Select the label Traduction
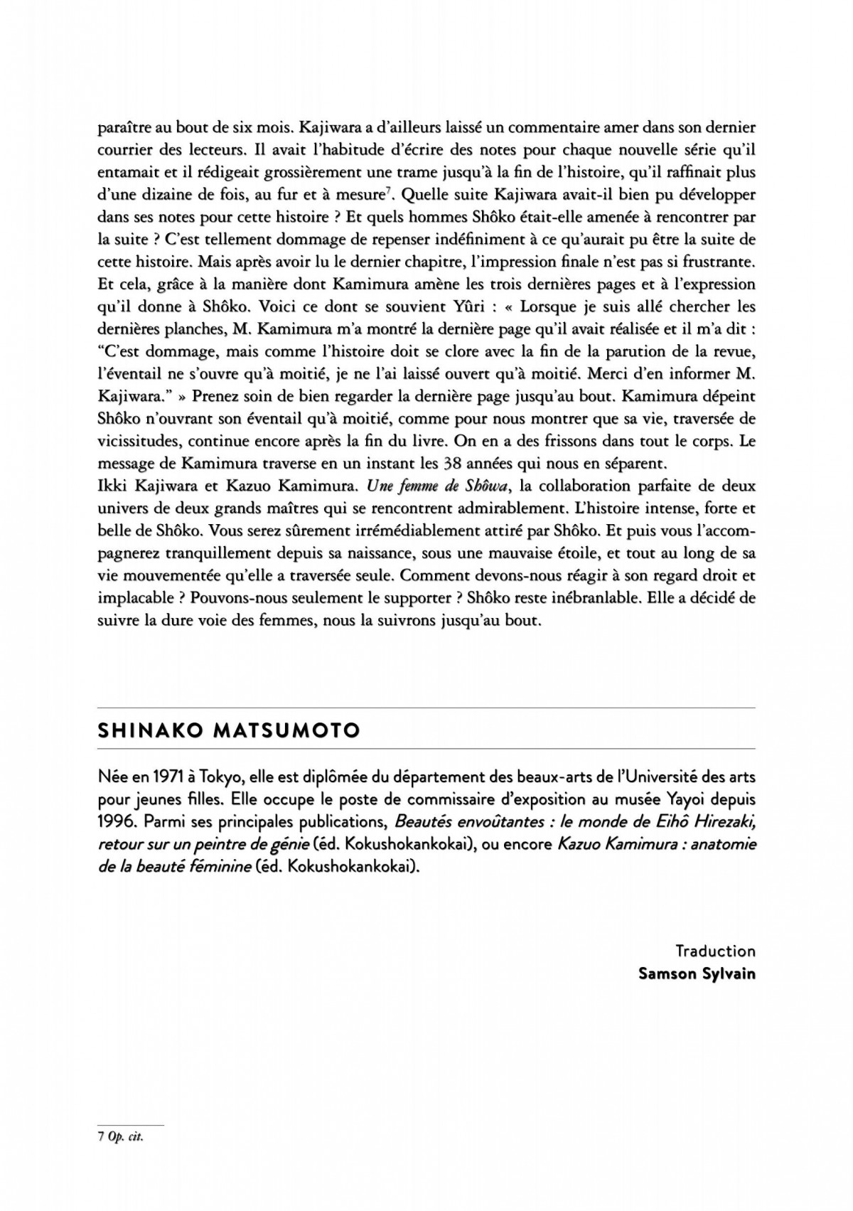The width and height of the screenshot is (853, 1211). (x=715, y=951)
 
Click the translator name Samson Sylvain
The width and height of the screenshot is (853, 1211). (x=697, y=973)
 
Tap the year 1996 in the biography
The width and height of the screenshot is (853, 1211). (x=117, y=821)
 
